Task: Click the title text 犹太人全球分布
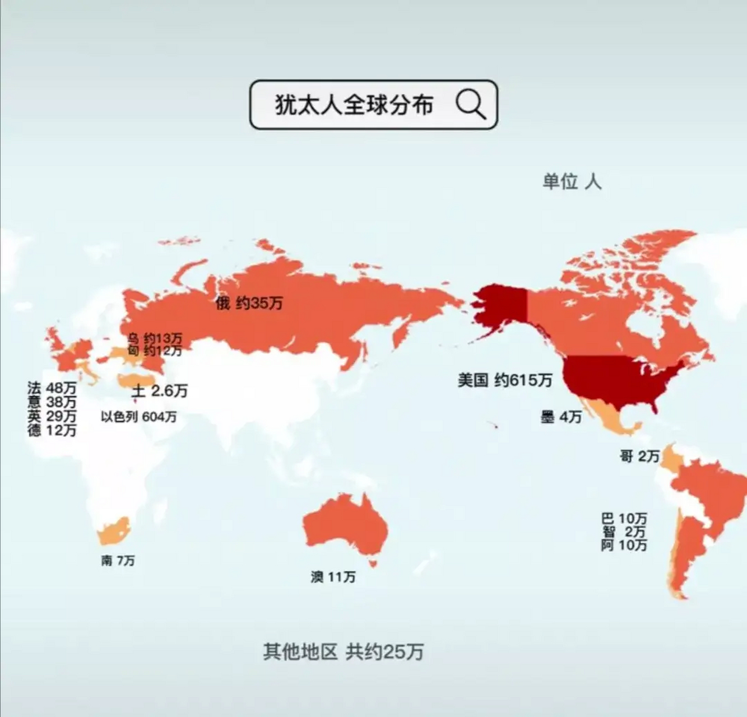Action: [354, 105]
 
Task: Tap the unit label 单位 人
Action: [571, 181]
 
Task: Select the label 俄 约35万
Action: [249, 304]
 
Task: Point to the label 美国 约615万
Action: [504, 381]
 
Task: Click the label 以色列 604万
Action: [138, 417]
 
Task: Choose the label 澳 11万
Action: [333, 577]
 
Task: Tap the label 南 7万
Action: [118, 560]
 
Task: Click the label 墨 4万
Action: [561, 417]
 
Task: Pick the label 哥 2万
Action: [639, 456]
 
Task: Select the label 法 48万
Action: [52, 388]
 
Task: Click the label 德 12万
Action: [52, 430]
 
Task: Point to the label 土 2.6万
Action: [160, 391]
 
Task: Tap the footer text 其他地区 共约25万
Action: [343, 651]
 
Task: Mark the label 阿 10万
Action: [624, 545]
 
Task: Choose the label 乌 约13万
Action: [154, 338]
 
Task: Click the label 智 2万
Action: [624, 532]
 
